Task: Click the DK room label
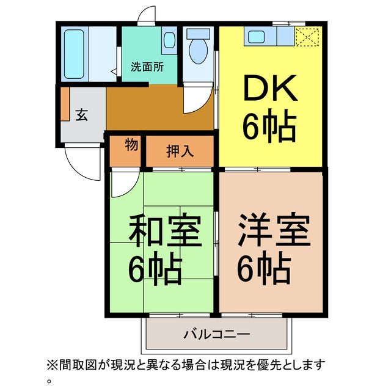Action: [x=271, y=89]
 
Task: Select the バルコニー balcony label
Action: [x=217, y=334]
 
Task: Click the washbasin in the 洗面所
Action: [x=169, y=41]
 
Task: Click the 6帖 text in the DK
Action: [x=269, y=126]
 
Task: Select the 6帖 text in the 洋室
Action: [x=264, y=266]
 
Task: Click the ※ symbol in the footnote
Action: [x=52, y=365]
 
